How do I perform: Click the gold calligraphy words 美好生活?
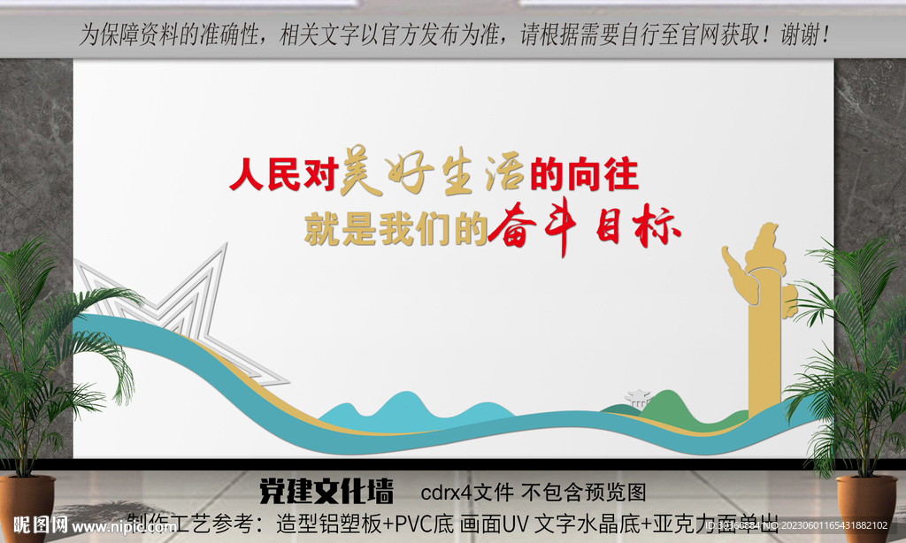click(434, 172)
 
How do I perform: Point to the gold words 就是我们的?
click(395, 229)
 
